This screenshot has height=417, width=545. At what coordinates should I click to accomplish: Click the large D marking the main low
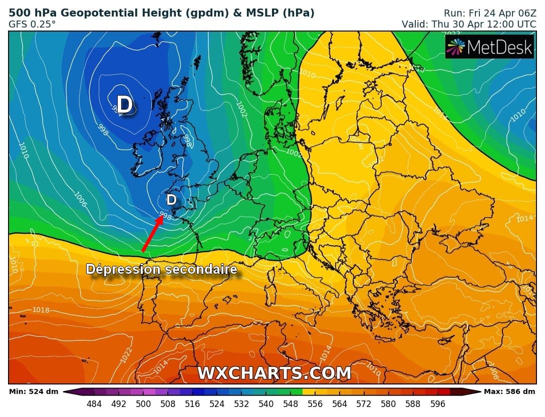click(125, 105)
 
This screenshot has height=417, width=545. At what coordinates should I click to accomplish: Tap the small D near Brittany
click(171, 200)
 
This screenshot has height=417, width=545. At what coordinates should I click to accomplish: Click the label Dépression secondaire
click(161, 269)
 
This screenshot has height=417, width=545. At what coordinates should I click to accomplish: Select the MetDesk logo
click(489, 47)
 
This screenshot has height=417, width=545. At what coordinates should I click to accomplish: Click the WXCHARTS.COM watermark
click(274, 373)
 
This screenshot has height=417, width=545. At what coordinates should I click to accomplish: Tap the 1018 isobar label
click(41, 310)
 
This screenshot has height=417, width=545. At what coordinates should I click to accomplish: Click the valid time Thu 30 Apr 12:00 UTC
click(469, 24)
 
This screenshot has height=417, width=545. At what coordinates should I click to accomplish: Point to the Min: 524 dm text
click(33, 391)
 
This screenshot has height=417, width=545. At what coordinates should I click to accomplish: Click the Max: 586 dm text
click(509, 391)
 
